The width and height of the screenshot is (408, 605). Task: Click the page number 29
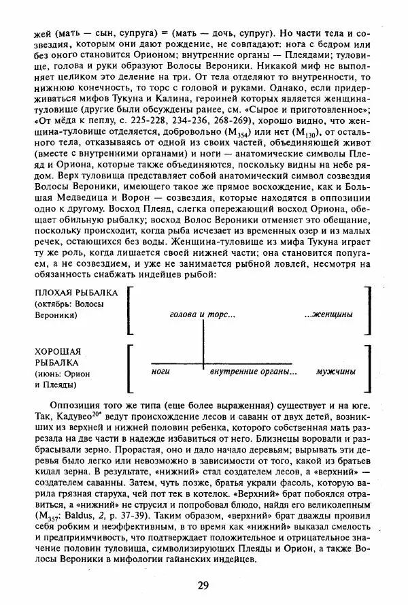[203, 585]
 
